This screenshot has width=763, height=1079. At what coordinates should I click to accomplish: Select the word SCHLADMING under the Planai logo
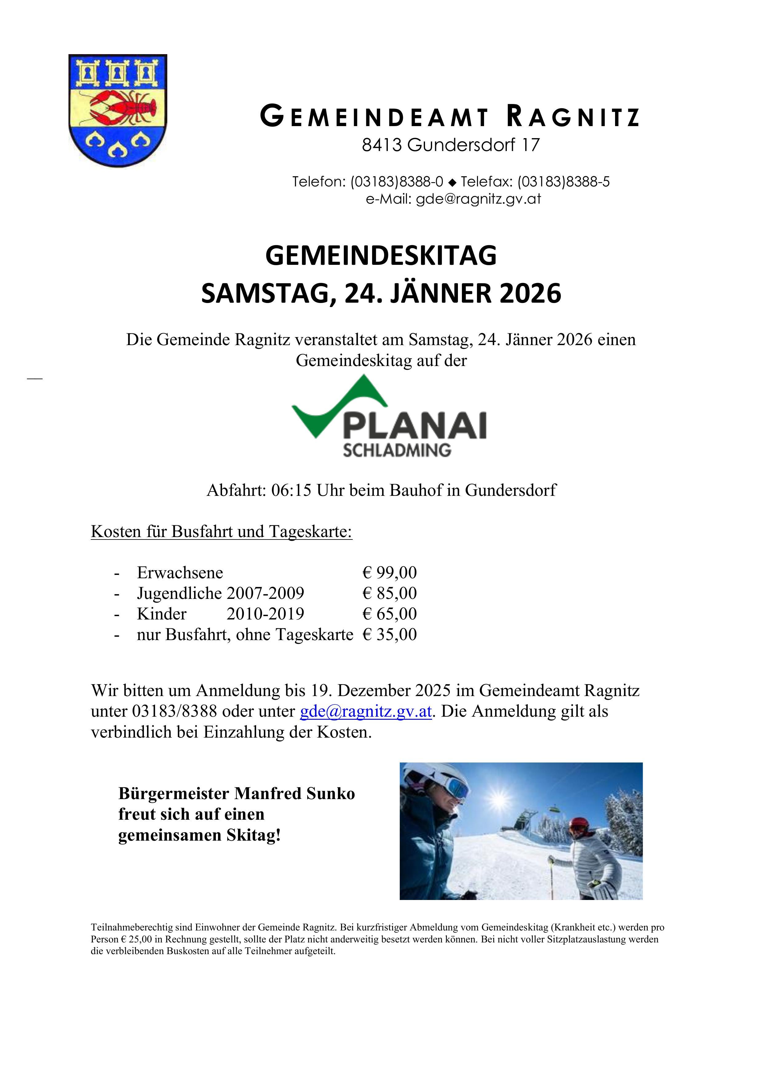(x=397, y=450)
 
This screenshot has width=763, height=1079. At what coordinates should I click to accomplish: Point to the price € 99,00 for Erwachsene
(x=389, y=572)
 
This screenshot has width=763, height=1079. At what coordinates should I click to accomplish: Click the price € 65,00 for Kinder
(x=389, y=614)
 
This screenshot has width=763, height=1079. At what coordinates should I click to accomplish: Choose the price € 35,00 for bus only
(x=389, y=635)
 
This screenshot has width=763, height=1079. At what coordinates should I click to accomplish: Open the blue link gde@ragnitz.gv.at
(x=366, y=711)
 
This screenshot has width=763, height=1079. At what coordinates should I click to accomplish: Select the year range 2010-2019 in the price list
(x=265, y=614)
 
